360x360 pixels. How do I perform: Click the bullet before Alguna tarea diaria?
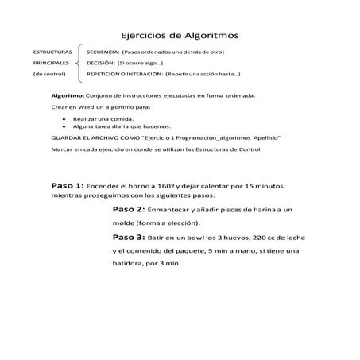[63, 126]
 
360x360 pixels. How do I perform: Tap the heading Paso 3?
[128, 236]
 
